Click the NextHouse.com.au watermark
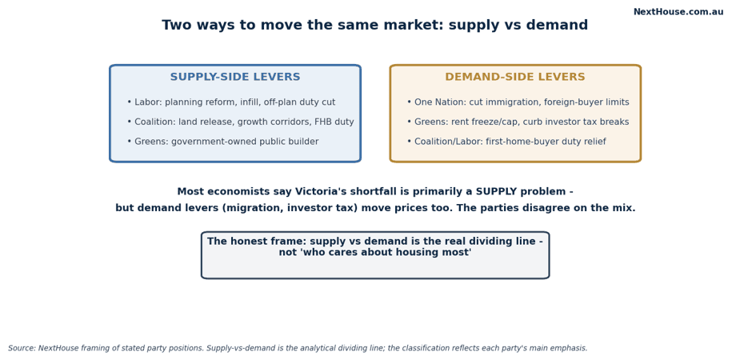point(678,12)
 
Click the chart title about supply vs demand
point(375,26)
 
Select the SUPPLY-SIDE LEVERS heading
point(235,77)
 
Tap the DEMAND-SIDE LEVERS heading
point(515,77)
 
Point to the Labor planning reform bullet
point(231,102)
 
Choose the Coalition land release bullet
point(241,122)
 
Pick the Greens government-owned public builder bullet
point(222,142)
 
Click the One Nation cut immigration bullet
point(518,102)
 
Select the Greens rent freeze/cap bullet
point(518,122)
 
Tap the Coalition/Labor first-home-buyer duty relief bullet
point(506,142)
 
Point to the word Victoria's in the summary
point(321,192)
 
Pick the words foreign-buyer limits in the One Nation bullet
point(587,102)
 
